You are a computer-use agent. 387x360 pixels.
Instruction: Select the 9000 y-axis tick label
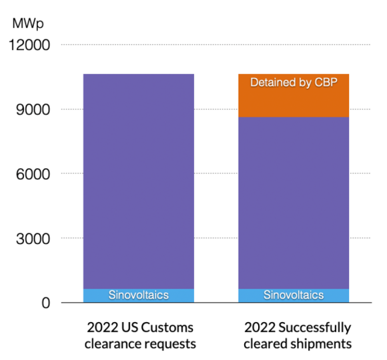point(33,109)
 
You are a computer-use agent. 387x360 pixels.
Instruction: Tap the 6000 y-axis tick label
point(33,174)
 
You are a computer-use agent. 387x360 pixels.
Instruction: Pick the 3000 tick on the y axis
point(33,238)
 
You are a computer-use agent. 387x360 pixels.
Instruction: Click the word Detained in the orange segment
point(272,83)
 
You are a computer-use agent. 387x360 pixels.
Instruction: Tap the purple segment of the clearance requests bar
point(139,180)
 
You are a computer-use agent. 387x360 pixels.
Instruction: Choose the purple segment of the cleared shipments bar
point(294,200)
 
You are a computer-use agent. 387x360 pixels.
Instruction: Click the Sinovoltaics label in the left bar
point(139,295)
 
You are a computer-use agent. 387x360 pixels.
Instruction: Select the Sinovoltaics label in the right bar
point(294,295)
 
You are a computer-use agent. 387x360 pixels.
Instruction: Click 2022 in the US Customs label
point(101,328)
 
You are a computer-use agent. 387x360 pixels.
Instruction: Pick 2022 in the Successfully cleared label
point(259,328)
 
